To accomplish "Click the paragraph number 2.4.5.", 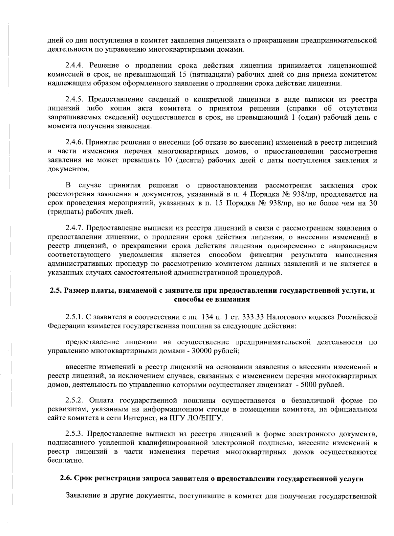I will pos(75,99).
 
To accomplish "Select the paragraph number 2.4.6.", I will pos(75,142).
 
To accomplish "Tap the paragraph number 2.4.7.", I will pos(75,228).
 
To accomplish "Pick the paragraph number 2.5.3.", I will pos(75,433).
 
